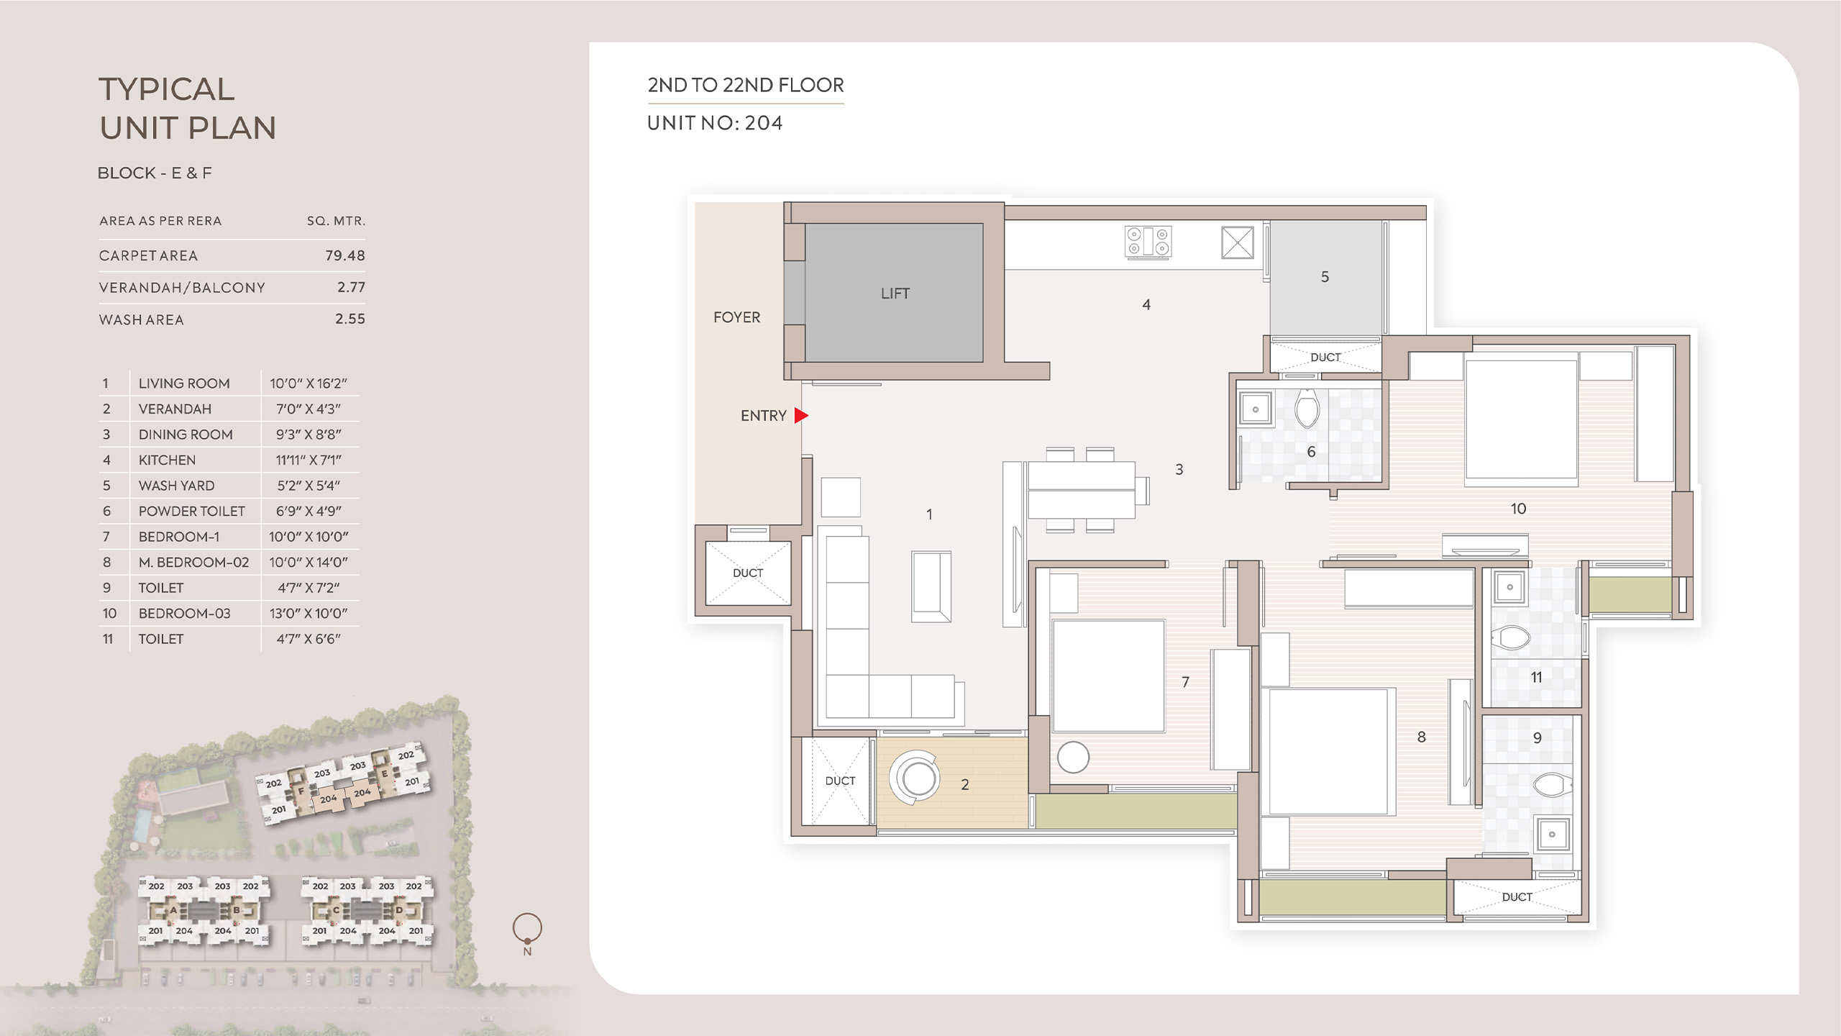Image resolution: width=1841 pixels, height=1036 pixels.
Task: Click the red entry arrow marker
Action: [x=801, y=415]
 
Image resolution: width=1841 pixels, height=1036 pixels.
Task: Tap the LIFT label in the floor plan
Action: [x=895, y=294]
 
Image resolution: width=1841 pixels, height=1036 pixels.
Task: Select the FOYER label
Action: [x=736, y=317]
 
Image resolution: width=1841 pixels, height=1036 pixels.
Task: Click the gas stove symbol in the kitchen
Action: [x=1148, y=242]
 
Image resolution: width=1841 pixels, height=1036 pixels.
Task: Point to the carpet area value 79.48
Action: [x=345, y=255]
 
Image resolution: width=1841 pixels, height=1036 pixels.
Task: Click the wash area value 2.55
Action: [x=350, y=319]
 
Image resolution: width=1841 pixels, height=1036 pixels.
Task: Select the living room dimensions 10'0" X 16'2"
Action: [x=309, y=383]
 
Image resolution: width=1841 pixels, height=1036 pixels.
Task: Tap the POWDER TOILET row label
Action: [x=192, y=512]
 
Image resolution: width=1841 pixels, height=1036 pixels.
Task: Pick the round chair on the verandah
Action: [x=915, y=778]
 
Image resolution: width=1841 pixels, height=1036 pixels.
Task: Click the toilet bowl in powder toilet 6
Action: [x=1307, y=408]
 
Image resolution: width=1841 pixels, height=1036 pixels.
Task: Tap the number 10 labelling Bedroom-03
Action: [x=1518, y=509]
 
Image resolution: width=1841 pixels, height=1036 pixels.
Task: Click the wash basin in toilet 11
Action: [x=1509, y=587]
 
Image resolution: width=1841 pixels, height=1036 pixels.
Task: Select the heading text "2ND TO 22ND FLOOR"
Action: [x=746, y=85]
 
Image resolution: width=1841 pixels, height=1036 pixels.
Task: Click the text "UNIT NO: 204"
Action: [x=715, y=123]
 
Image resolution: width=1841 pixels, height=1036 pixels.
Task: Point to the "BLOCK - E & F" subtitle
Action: [x=155, y=173]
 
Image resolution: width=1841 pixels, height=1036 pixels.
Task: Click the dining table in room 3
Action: [x=1082, y=490]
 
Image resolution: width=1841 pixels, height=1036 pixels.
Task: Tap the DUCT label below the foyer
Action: [x=748, y=573]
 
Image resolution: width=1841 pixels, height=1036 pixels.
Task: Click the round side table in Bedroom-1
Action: [x=1073, y=758]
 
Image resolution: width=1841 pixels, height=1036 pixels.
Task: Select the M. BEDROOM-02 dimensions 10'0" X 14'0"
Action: [x=309, y=563]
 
